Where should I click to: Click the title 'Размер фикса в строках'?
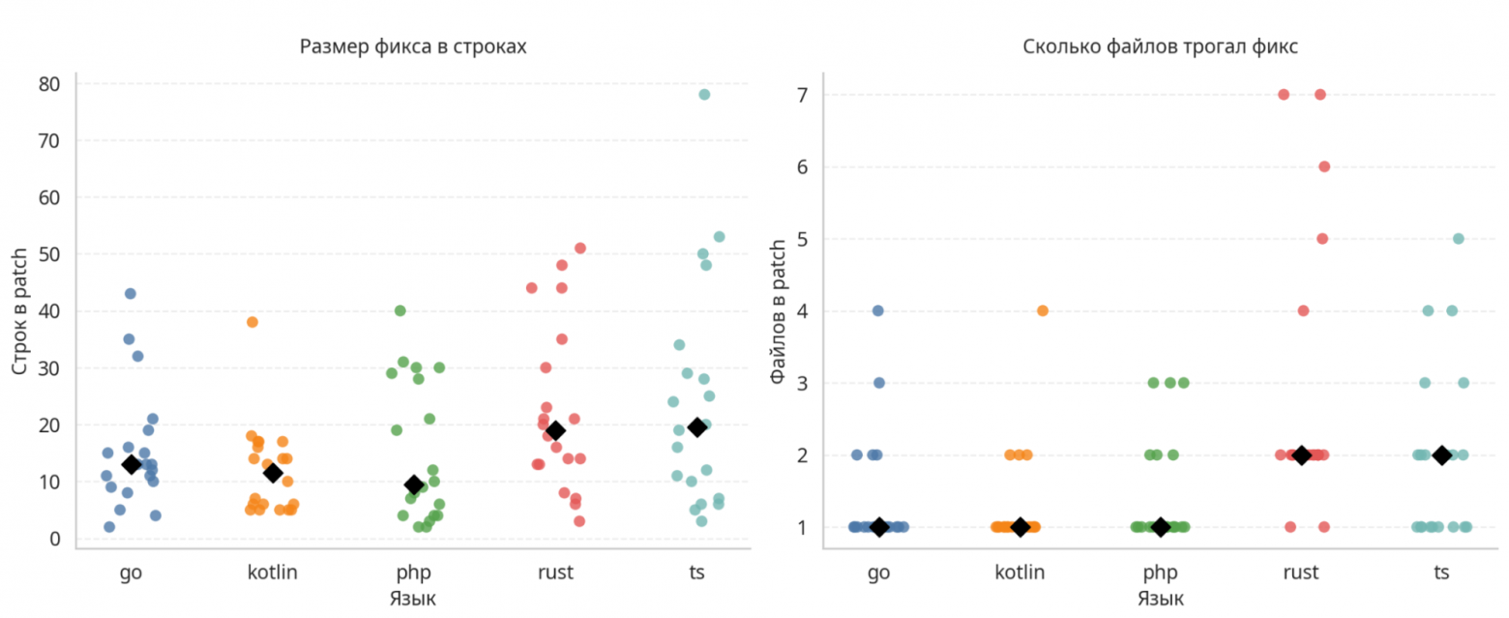413,46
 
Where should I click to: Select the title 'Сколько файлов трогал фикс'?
1160,46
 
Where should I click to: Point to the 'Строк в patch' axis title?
19,310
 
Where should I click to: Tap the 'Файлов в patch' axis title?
778,310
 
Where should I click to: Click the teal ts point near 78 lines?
704,94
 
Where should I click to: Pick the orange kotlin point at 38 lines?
252,322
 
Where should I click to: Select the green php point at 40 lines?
399,310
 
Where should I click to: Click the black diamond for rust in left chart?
555,430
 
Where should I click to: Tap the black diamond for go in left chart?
132,464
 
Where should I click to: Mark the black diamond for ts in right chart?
1442,455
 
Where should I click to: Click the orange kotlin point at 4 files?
1043,310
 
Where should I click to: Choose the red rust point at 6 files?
1324,166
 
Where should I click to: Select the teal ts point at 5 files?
1459,238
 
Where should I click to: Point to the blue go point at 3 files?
879,382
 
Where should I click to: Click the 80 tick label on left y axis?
49,84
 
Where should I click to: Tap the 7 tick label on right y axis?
803,95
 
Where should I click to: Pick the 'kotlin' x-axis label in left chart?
273,572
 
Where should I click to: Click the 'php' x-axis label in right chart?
1161,572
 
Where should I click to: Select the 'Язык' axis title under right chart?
1160,599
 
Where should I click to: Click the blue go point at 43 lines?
131,293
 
